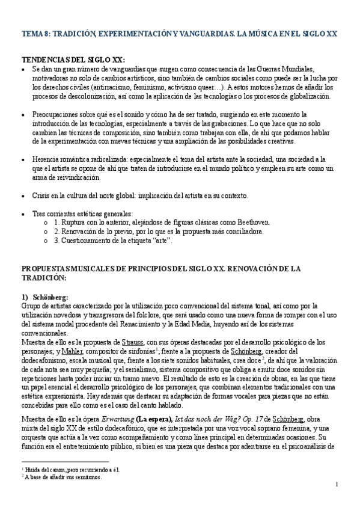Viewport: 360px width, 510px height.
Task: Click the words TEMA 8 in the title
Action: pos(35,35)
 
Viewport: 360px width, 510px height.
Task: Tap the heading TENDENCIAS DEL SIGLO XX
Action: pos(73,60)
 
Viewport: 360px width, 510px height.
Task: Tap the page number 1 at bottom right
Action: pos(337,485)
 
